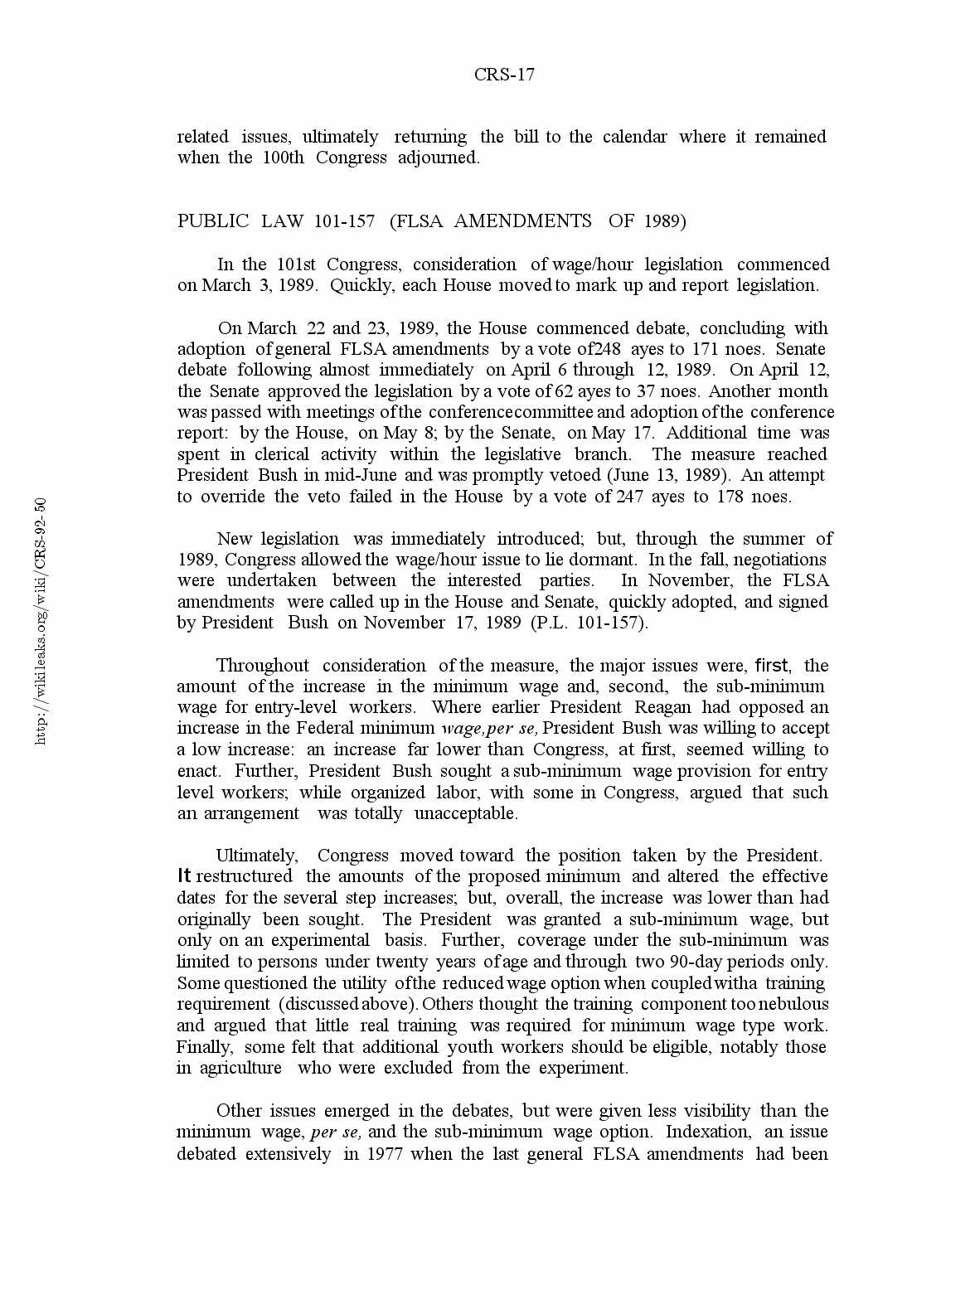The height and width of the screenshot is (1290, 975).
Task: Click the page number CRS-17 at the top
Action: click(504, 75)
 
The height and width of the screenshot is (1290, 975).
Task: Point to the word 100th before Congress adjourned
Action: click(284, 158)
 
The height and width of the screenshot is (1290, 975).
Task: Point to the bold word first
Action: click(772, 666)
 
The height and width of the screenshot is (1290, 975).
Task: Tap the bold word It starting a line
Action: click(184, 876)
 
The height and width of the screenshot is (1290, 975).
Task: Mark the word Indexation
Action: click(709, 1132)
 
